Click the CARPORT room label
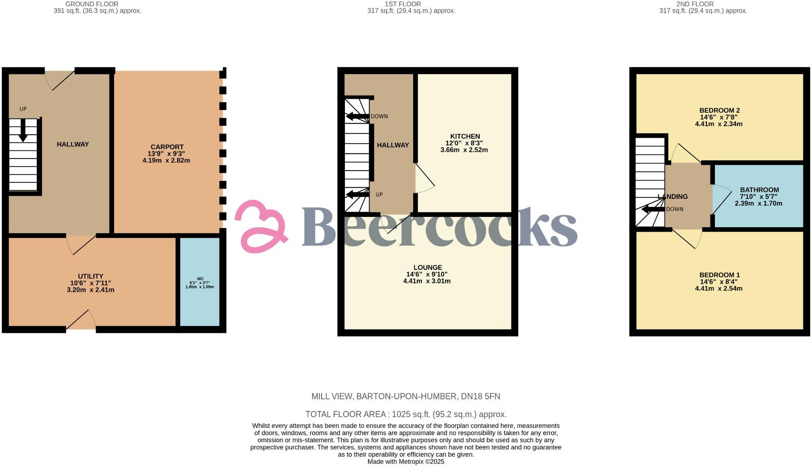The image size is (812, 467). tap(167, 147)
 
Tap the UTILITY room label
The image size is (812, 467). tap(91, 276)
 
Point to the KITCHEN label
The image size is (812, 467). tap(465, 137)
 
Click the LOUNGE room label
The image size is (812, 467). tap(428, 268)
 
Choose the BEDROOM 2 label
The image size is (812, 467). tap(719, 110)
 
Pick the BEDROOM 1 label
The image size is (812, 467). tap(719, 275)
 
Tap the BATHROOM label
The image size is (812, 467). tap(759, 190)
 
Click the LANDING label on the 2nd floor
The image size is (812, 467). tap(673, 197)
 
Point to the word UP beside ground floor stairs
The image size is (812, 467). tap(23, 109)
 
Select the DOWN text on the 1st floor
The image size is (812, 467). tap(379, 116)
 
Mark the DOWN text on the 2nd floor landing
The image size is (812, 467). tap(675, 209)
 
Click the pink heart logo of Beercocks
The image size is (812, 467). tap(262, 226)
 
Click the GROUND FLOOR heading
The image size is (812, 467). tap(92, 4)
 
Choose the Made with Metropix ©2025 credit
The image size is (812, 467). tap(406, 462)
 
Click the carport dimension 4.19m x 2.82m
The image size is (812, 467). tap(166, 160)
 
